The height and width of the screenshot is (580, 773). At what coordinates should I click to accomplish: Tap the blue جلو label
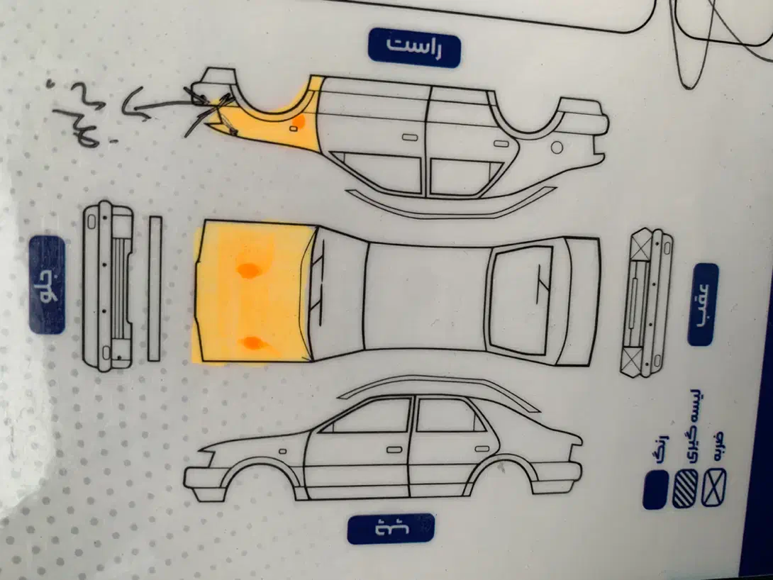[x=47, y=285]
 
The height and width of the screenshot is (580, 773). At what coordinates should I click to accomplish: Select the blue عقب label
[x=703, y=304]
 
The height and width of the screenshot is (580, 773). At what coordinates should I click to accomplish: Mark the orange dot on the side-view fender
[x=299, y=122]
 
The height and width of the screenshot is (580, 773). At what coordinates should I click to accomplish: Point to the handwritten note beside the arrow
[x=78, y=113]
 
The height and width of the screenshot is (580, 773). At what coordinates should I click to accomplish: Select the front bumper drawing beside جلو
[x=109, y=286]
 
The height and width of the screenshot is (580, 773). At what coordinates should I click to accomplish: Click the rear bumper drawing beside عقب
[x=645, y=303]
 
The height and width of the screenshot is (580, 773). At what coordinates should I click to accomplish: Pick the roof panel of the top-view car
[x=426, y=296]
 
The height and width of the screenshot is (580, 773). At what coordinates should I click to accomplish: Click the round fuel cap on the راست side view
[x=557, y=147]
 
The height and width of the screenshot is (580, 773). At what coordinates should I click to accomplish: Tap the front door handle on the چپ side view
[x=394, y=450]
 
